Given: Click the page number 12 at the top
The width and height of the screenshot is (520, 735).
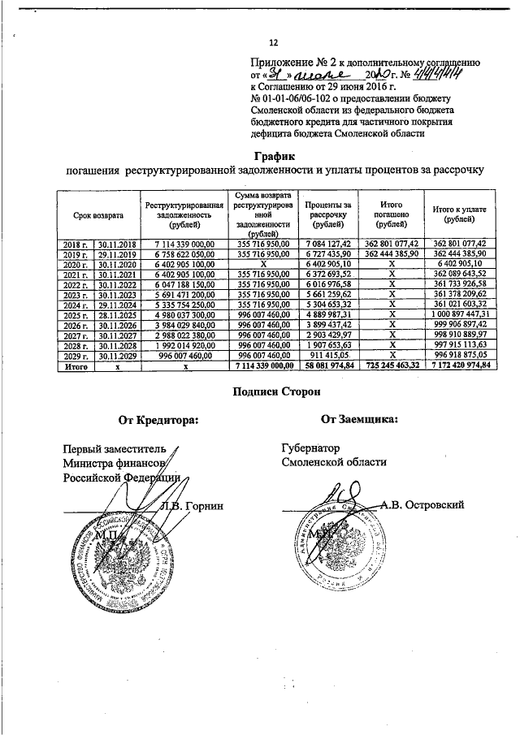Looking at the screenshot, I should click(274, 43).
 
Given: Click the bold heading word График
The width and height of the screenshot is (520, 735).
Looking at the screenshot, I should click(273, 154).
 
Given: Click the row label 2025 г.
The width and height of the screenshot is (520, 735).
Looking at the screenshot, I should click(74, 314).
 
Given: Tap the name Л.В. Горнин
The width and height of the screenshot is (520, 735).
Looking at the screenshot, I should click(194, 506).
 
